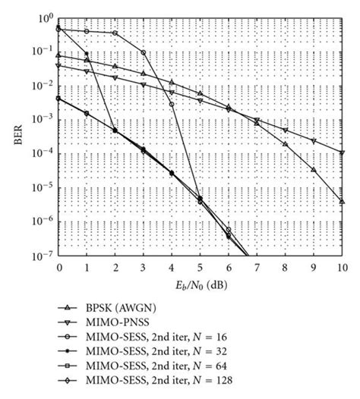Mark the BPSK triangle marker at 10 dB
click(x=343, y=201)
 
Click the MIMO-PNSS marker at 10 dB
click(x=343, y=152)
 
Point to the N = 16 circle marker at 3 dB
click(x=144, y=53)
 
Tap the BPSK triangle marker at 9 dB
click(x=314, y=170)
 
